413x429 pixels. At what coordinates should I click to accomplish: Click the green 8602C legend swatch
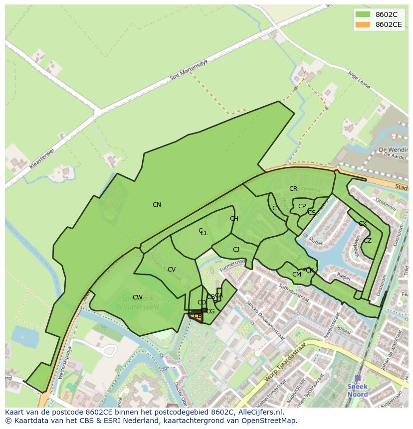[x=363, y=14]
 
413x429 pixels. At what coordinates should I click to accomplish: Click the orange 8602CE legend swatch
[x=363, y=24]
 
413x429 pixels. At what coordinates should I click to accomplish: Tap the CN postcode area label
[x=157, y=205]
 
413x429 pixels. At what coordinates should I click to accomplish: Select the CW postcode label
[x=138, y=297]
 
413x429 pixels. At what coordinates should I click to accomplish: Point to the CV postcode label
[x=172, y=270]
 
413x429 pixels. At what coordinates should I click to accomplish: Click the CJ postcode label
[x=236, y=250]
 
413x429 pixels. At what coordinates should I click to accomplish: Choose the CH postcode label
[x=234, y=219]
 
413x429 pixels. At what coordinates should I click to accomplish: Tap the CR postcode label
[x=293, y=189]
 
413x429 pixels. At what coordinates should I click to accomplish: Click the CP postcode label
[x=302, y=206]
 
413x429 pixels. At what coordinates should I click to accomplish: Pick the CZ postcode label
[x=368, y=241]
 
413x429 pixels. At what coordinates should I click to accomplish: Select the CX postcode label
[x=363, y=224]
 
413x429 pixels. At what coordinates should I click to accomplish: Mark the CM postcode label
[x=297, y=275]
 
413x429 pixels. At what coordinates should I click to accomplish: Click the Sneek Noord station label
[x=357, y=391]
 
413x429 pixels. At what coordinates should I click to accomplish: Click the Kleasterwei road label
[x=41, y=157]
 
